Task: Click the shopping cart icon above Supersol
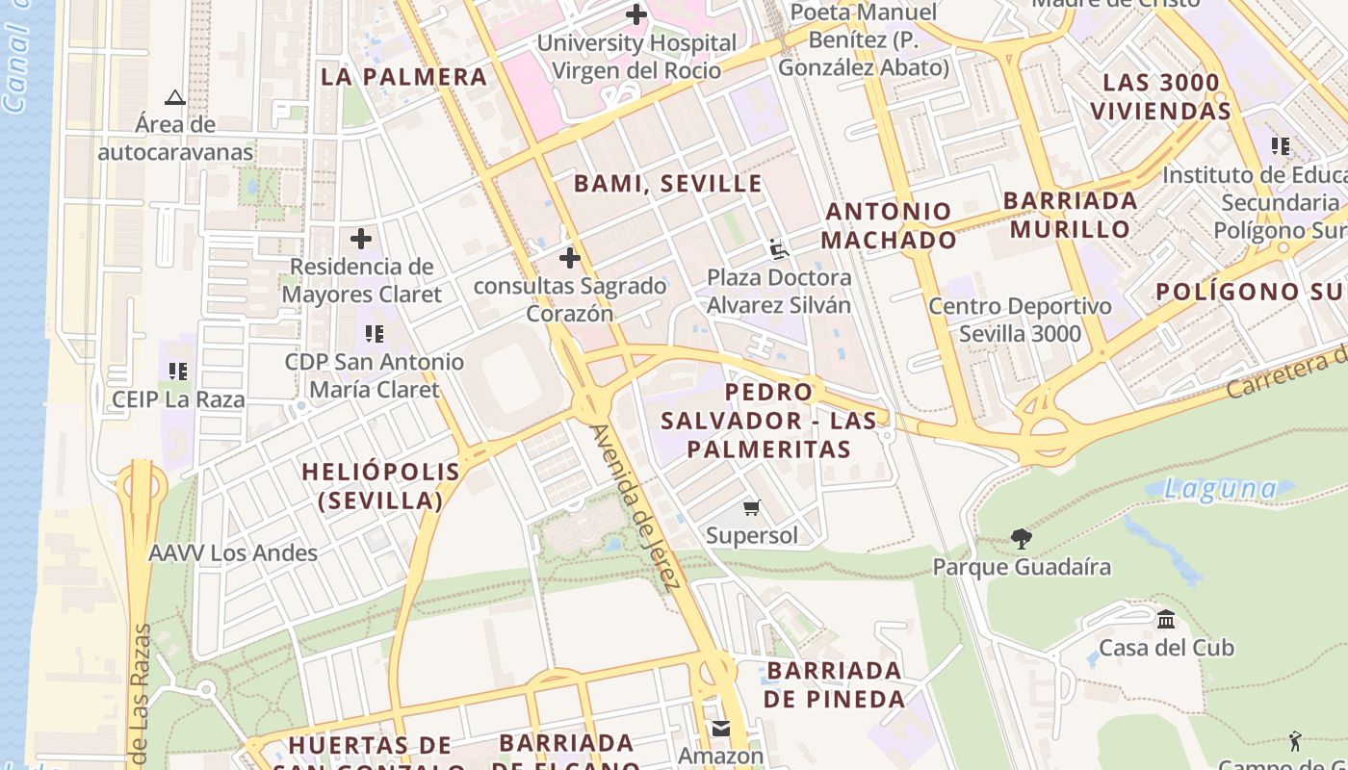tap(752, 507)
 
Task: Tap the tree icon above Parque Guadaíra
tap(1022, 539)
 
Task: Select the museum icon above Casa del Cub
tap(1166, 619)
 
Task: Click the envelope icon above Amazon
tap(721, 728)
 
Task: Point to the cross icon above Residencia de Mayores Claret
tap(361, 238)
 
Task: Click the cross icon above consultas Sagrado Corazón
tap(570, 258)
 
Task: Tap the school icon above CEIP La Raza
tap(177, 371)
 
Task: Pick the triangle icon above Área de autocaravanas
tap(174, 97)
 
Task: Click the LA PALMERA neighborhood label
tap(404, 77)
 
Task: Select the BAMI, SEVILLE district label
tap(668, 183)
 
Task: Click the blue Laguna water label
tap(1220, 489)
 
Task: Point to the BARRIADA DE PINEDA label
tap(835, 684)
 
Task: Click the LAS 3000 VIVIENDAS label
tap(1160, 96)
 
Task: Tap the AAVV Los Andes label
tap(233, 552)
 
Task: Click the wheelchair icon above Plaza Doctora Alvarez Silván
tap(779, 249)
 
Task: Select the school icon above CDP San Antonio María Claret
tap(375, 334)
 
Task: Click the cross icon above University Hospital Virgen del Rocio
tap(636, 14)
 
